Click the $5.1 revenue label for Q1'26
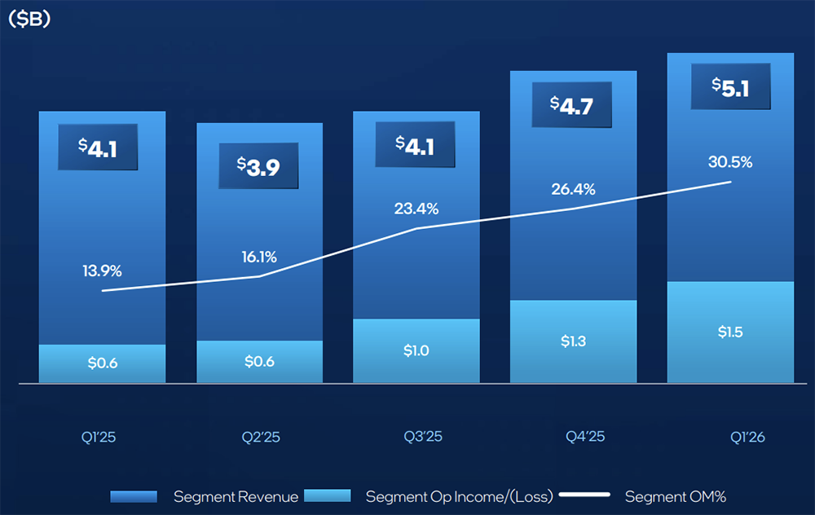click(730, 86)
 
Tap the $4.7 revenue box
click(573, 104)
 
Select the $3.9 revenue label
click(259, 165)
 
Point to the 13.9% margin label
click(102, 271)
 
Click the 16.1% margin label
click(259, 257)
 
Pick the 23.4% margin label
click(417, 209)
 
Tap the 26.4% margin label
click(574, 189)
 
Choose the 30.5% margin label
click(730, 161)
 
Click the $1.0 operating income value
click(416, 351)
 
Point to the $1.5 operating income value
click(730, 332)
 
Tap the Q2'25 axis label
click(261, 437)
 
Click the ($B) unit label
click(29, 20)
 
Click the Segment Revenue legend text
click(236, 496)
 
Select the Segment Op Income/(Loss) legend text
click(459, 496)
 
